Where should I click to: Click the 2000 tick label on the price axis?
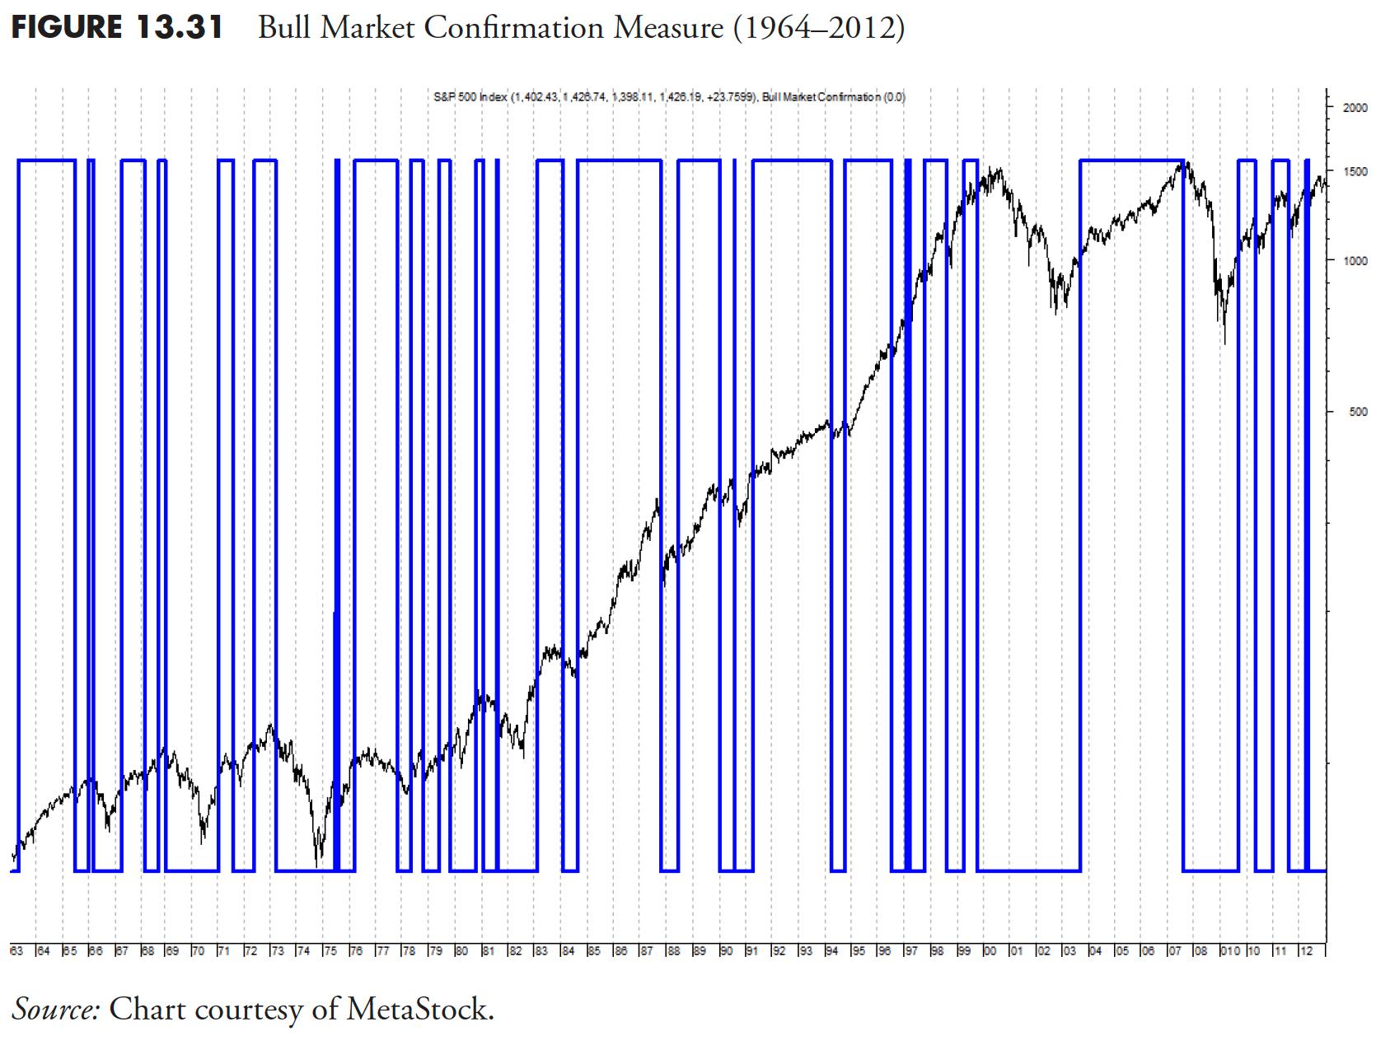(1355, 107)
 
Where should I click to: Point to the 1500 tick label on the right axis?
(1355, 171)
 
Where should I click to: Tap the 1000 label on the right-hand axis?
(1355, 261)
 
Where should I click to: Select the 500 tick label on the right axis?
(1358, 412)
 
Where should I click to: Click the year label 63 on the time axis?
(16, 952)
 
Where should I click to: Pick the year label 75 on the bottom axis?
(330, 952)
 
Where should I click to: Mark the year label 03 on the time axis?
(1069, 952)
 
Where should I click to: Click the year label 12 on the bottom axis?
(1305, 952)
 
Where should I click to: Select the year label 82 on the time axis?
(515, 952)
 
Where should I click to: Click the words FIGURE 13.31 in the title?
(117, 28)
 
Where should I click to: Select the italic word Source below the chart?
(55, 1009)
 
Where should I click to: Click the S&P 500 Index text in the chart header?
(470, 97)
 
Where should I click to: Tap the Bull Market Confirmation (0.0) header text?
(834, 97)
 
